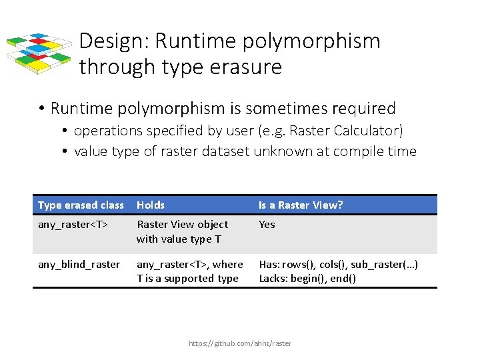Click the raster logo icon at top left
[x=39, y=53]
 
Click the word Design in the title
[x=114, y=41]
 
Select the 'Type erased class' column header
[x=81, y=205]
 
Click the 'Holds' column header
[x=151, y=205]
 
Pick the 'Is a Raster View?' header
[x=301, y=205]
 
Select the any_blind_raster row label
[x=79, y=265]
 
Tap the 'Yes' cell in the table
[x=267, y=225]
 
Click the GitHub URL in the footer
[x=240, y=343]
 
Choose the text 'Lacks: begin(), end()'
[x=307, y=279]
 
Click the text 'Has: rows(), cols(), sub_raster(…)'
[x=339, y=265]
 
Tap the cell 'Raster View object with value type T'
[x=182, y=231]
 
